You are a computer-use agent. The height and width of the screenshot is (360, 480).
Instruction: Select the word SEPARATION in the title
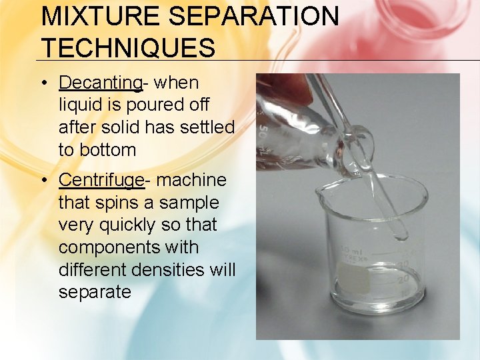tap(251, 16)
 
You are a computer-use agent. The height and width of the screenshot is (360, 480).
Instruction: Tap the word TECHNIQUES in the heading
tap(129, 48)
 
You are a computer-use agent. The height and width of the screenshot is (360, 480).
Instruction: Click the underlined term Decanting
tap(100, 83)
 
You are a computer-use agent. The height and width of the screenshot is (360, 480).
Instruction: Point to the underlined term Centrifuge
tap(101, 180)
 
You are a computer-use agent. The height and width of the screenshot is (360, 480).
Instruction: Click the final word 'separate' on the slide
tap(95, 292)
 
